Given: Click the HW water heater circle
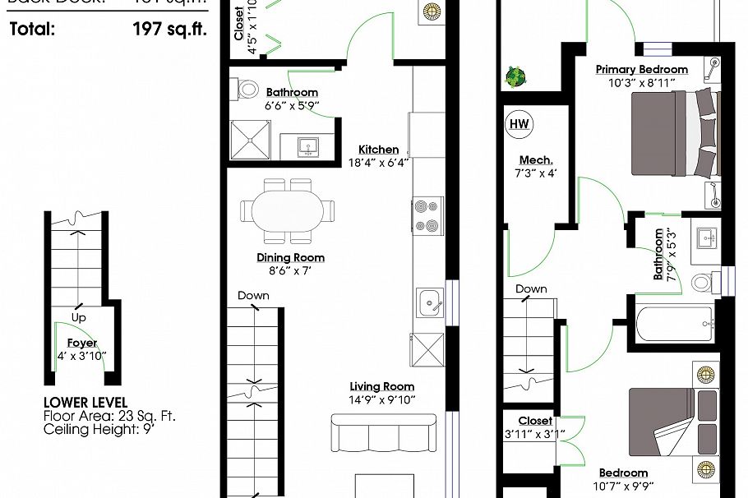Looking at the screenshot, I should click(x=519, y=124).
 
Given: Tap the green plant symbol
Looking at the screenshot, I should click(x=515, y=76).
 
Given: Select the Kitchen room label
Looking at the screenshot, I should click(x=378, y=150).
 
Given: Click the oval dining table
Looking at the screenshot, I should click(x=288, y=211).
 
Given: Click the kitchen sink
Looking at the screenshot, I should click(x=427, y=304).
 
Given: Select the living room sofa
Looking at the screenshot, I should click(x=383, y=432).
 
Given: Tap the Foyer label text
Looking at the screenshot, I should click(x=82, y=343).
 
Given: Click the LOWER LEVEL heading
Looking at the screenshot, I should click(x=85, y=403).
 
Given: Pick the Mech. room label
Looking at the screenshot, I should click(x=536, y=159).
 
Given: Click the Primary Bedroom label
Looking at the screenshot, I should click(x=641, y=70).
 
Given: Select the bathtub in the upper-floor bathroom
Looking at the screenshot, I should click(x=673, y=324).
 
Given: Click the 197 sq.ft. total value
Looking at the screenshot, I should click(x=169, y=30).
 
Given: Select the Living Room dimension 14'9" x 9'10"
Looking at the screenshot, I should click(x=382, y=399).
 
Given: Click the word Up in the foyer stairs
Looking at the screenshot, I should click(x=79, y=317).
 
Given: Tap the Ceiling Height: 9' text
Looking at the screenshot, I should click(x=99, y=429).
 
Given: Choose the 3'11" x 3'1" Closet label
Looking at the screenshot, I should click(x=534, y=435).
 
